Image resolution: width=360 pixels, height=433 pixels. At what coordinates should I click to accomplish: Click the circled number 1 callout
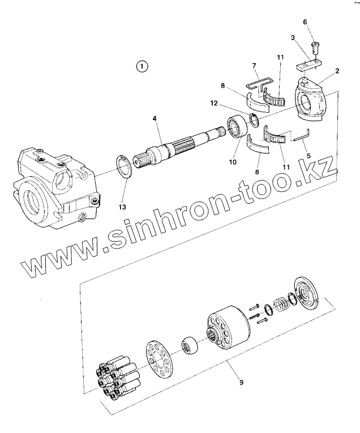[142, 66]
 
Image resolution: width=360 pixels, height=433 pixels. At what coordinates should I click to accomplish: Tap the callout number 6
[305, 22]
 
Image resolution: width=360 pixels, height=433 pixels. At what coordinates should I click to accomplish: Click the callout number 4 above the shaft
[154, 118]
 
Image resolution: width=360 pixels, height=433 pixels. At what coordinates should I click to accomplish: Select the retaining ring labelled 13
[124, 166]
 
